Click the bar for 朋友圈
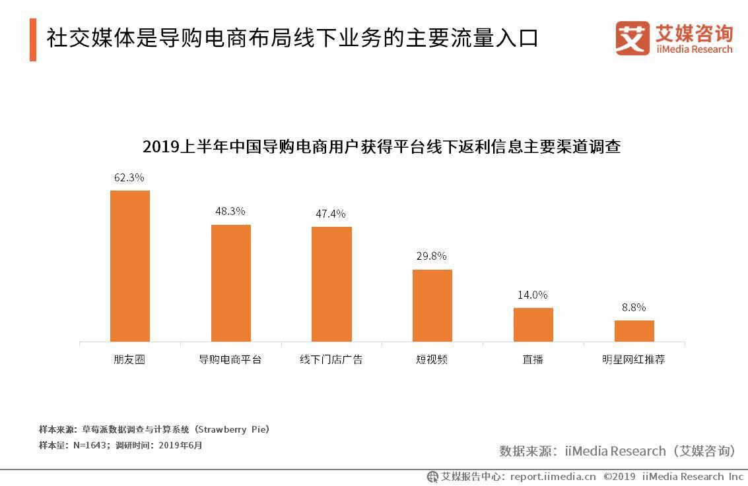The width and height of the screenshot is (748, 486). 129,266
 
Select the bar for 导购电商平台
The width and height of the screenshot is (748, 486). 230,283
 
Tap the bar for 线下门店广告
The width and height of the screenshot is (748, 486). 331,284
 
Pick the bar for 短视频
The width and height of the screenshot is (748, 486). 432,305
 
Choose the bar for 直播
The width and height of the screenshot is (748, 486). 533,324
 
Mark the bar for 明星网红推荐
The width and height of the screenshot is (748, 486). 634,331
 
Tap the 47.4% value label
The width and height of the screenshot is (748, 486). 331,214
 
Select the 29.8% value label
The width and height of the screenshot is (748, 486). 432,256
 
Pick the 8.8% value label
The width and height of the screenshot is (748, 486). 634,307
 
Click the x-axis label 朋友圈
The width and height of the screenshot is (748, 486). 129,360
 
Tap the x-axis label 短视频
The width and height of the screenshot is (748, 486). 432,360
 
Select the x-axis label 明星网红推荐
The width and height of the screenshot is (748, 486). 634,360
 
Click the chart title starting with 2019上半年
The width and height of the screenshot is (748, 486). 382,147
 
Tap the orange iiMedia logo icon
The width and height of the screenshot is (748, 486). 632,38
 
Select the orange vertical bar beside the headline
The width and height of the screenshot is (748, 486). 33,40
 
